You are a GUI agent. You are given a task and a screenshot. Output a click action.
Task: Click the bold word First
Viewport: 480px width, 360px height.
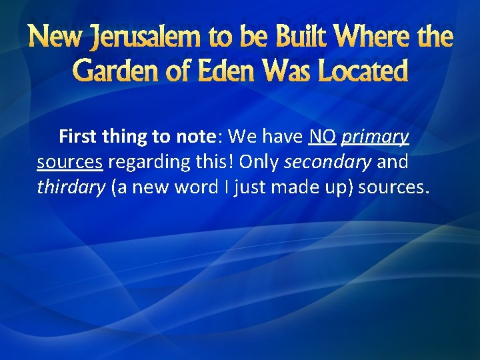78,137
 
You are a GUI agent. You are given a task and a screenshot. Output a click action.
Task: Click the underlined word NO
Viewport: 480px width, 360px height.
322,137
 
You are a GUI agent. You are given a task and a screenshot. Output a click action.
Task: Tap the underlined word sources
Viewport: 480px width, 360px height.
69,163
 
